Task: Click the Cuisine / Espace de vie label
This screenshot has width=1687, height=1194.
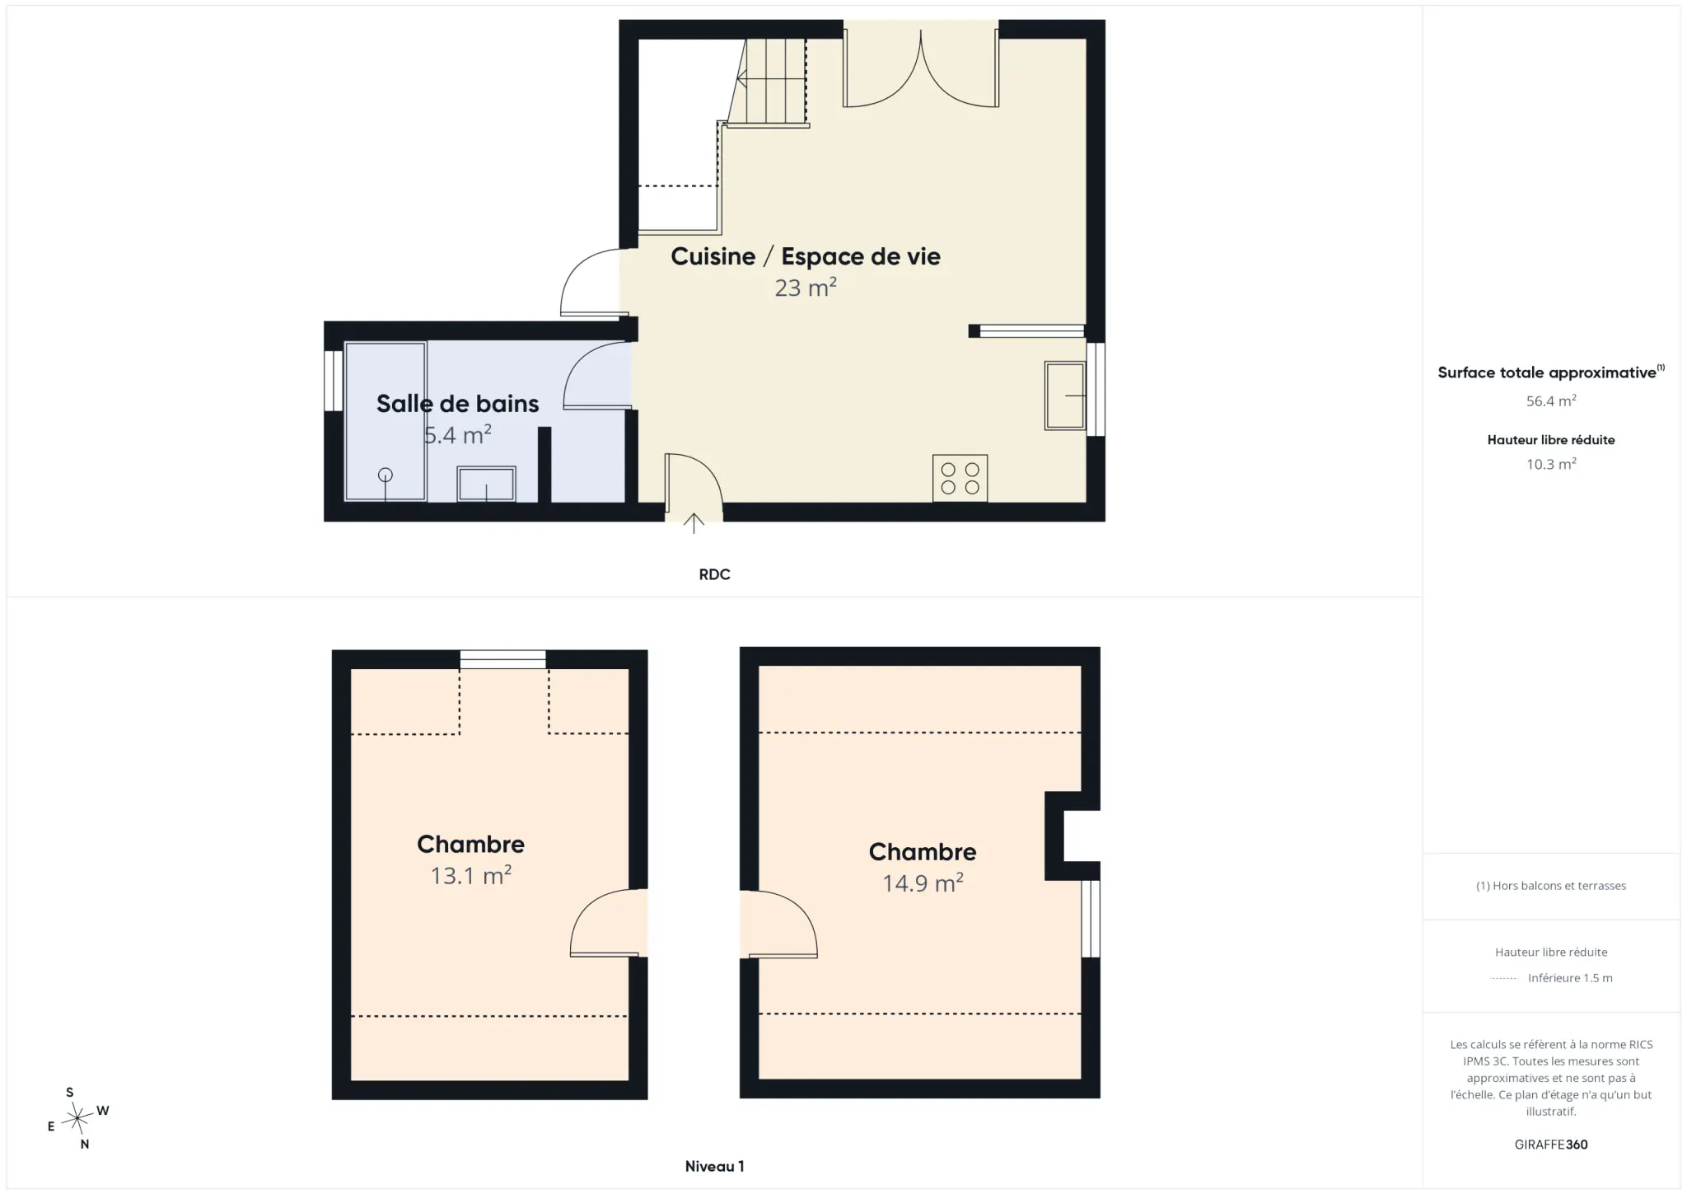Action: pos(805,256)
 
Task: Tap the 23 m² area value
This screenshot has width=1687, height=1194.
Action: pos(805,287)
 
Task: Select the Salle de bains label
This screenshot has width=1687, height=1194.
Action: pos(457,403)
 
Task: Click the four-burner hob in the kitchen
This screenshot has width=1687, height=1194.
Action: pos(960,478)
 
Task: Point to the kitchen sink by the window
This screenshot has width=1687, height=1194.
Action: pos(1065,396)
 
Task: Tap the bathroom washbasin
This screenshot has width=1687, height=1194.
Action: pos(486,484)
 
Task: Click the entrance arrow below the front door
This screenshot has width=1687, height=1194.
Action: pos(694,523)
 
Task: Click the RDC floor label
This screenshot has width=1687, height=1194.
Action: pos(714,574)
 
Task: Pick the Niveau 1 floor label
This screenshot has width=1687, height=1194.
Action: pos(714,1166)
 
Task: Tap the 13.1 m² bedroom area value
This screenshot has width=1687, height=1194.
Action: pos(470,874)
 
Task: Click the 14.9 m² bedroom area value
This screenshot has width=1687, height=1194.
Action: pos(923,883)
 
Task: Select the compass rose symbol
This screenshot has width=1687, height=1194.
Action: pos(77,1118)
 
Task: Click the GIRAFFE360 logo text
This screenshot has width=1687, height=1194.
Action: pos(1551,1144)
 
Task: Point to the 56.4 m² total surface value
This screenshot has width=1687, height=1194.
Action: pos(1551,400)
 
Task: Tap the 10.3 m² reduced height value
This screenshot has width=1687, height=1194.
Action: pos(1551,464)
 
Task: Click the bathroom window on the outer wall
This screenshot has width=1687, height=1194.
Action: pos(333,381)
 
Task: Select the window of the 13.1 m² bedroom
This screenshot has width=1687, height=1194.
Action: pos(502,659)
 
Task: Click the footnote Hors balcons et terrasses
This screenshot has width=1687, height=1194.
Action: pos(1551,886)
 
